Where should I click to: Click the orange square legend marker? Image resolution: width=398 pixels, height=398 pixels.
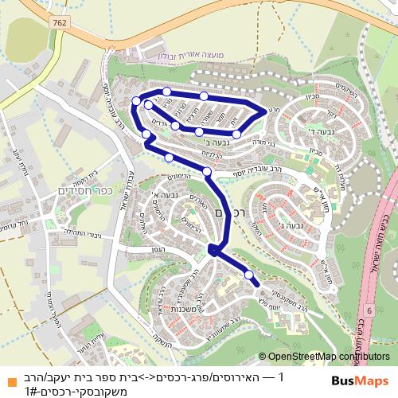10,380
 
